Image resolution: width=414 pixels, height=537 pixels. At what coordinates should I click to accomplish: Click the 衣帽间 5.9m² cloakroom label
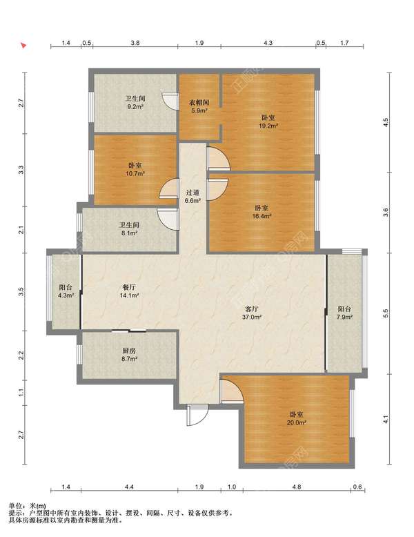[x=199, y=106]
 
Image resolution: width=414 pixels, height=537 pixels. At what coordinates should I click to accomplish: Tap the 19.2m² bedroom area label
[x=268, y=121]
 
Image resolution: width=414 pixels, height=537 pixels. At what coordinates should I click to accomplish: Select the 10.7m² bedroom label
[x=135, y=169]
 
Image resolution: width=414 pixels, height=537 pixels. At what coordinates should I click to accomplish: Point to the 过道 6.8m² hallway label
[x=193, y=197]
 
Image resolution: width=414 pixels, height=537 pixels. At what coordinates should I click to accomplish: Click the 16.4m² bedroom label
[x=262, y=212]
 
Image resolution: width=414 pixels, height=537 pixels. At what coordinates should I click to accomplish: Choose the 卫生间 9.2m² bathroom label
[x=135, y=102]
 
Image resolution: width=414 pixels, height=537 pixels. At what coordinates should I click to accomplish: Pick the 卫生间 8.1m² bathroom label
[x=129, y=228]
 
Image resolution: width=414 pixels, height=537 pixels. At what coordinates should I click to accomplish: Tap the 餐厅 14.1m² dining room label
[x=129, y=291]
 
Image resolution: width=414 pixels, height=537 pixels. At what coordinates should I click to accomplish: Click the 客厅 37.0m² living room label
[x=252, y=313]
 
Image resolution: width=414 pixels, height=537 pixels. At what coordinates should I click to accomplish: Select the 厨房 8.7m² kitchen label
[x=129, y=355]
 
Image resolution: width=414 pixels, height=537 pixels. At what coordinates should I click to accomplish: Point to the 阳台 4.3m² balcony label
[x=66, y=291]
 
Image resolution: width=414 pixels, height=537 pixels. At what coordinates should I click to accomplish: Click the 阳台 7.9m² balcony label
[x=344, y=313]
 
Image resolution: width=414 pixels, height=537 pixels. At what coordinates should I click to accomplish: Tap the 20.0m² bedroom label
[x=297, y=418]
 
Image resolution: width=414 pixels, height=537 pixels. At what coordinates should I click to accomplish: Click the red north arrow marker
[x=23, y=45]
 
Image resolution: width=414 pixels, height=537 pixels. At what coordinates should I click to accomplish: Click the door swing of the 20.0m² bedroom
[x=232, y=391]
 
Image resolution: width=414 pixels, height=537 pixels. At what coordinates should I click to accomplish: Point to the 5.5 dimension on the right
[x=386, y=313]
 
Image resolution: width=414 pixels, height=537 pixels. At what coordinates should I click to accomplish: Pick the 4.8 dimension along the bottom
[x=297, y=487]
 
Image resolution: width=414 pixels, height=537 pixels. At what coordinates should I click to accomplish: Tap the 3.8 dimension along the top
[x=135, y=43]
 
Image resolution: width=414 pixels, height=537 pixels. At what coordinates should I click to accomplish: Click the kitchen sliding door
[x=129, y=331]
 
